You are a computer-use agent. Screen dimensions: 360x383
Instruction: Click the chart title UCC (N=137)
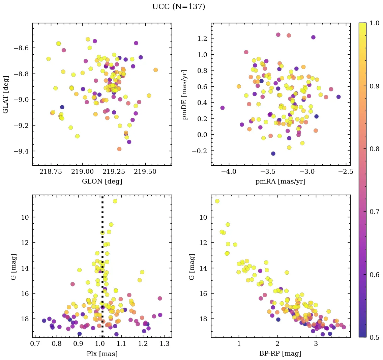(x=178, y=7)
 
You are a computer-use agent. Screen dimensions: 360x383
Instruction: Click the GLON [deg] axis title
(x=102, y=182)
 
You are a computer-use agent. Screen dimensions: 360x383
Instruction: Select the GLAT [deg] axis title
(x=6, y=94)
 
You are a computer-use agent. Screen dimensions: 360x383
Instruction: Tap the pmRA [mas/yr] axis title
(x=281, y=182)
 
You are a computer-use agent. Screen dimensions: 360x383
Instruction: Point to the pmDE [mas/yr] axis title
(x=185, y=94)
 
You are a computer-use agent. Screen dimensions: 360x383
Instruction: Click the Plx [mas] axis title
(x=102, y=354)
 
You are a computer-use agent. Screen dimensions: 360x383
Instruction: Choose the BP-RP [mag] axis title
(x=281, y=354)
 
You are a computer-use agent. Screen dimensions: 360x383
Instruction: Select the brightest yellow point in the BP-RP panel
(x=217, y=201)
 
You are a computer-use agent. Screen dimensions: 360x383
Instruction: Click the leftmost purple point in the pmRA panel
(x=223, y=108)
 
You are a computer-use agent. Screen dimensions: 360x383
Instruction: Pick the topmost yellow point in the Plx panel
(x=115, y=201)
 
